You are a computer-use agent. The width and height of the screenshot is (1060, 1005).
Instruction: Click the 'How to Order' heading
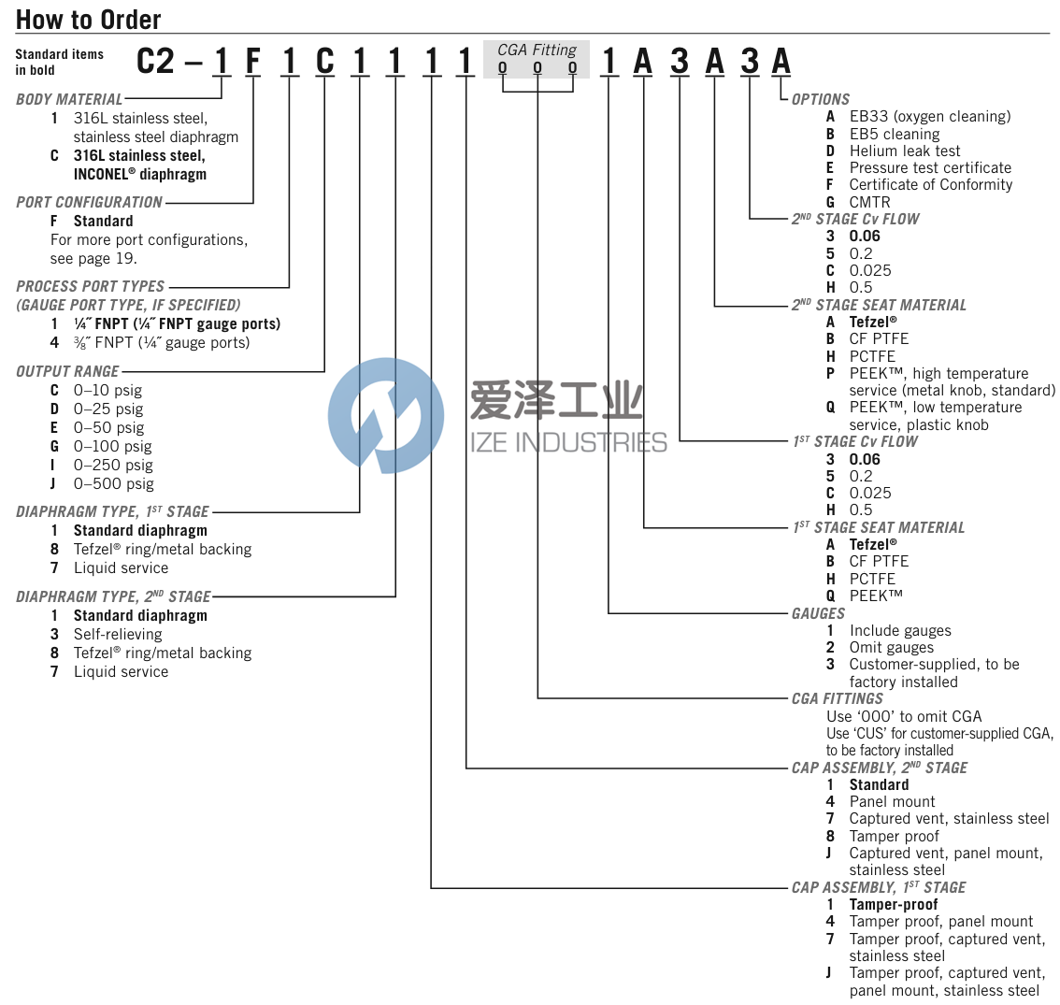coord(88,19)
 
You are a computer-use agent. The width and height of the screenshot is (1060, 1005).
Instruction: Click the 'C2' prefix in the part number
coord(155,62)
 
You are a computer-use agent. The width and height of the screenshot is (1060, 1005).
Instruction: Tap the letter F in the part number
coord(253,62)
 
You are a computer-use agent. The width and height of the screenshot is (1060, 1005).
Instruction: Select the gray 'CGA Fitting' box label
coord(537,50)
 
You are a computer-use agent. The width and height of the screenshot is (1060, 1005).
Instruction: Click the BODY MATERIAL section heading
coord(69,99)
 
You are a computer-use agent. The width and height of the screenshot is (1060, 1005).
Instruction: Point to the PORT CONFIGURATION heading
coord(89,202)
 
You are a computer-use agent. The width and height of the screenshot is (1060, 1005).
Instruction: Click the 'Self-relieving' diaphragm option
coord(118,634)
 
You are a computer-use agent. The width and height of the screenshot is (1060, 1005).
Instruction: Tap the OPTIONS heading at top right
coord(821,99)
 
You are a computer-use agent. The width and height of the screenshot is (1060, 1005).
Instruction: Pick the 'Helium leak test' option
coord(904,151)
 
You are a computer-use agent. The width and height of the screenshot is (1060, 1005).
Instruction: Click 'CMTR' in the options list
coord(869,202)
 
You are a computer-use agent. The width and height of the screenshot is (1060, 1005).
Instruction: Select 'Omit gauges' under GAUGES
coord(891,647)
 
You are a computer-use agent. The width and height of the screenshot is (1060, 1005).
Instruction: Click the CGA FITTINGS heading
coord(837,698)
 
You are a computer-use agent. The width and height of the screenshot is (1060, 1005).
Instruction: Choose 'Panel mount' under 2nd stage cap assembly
coord(892,801)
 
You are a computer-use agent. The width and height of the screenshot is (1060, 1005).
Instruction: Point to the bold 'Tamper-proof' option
coord(893,904)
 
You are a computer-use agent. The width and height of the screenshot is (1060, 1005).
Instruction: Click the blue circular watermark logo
coord(386,414)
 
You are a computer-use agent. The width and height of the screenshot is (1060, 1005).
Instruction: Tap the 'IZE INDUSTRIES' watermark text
coord(568,442)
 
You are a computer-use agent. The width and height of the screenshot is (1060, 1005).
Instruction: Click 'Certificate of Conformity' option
coord(930,184)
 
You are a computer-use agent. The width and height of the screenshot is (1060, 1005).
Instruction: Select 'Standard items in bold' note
coord(59,62)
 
